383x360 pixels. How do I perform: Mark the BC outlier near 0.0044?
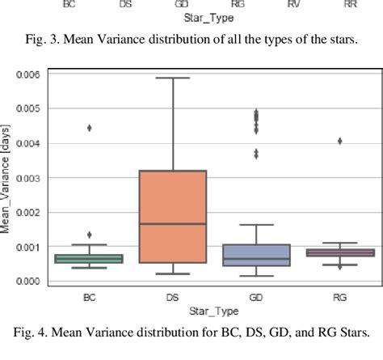90,128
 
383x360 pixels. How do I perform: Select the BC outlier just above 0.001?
90,235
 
